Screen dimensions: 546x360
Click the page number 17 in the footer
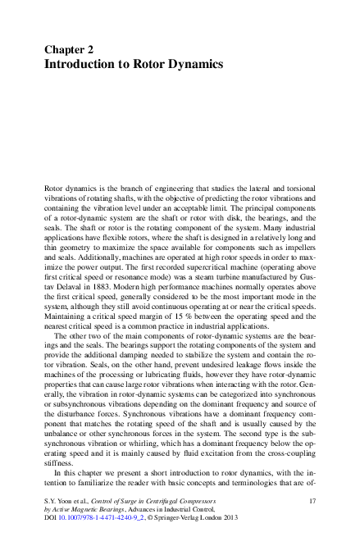(x=312, y=499)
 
